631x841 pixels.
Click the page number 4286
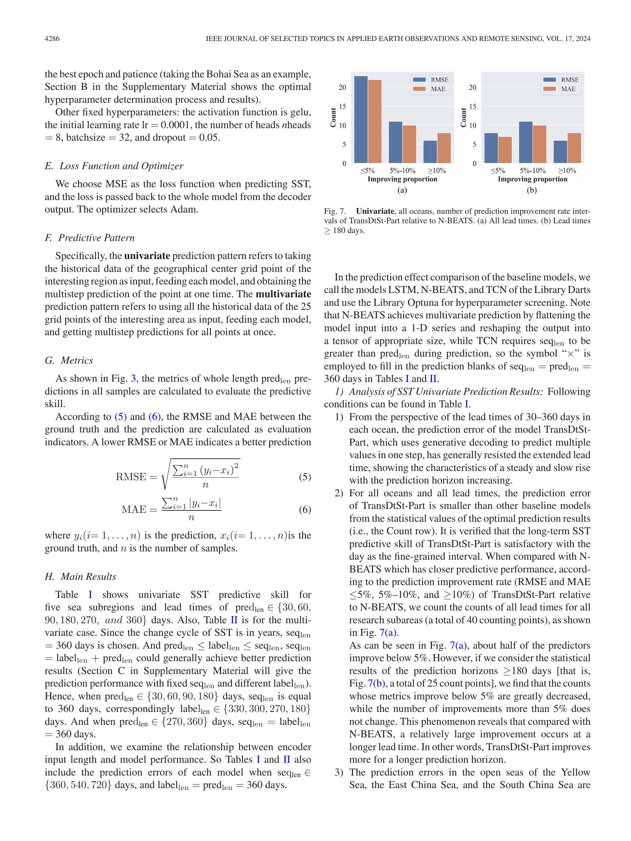(x=52, y=39)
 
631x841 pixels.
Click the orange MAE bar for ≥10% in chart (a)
(x=444, y=148)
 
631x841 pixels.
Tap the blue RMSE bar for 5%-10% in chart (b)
(x=526, y=142)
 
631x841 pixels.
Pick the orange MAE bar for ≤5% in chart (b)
(x=505, y=150)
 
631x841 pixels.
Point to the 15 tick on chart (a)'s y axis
(x=343, y=106)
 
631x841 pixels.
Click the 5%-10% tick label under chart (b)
(x=533, y=171)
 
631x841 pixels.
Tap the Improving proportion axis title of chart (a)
(x=402, y=179)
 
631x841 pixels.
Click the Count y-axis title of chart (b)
(x=463, y=117)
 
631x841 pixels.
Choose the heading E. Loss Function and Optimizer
(x=114, y=166)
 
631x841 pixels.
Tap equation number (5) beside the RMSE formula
(x=305, y=477)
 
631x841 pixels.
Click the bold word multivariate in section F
(x=283, y=294)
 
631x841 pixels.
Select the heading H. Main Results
(x=81, y=576)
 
